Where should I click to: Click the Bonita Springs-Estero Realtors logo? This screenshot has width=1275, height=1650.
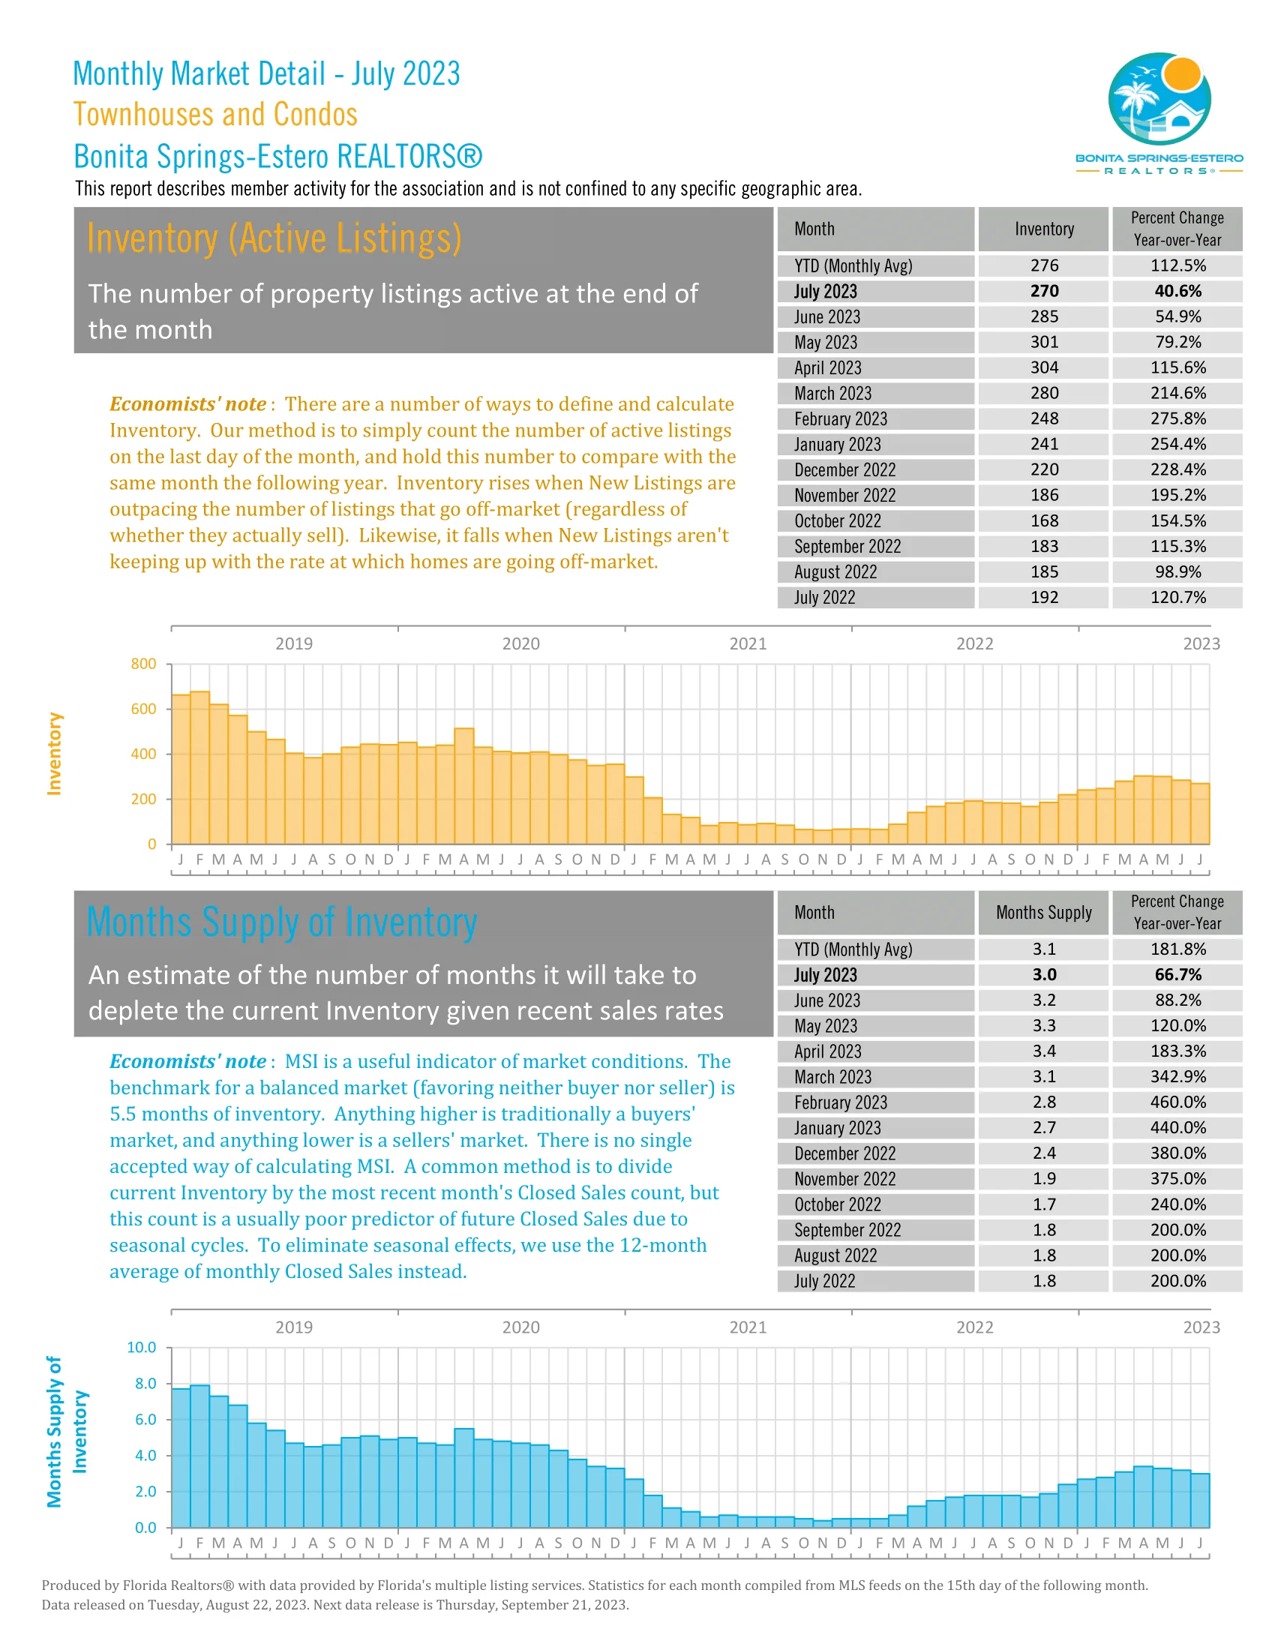(x=1159, y=112)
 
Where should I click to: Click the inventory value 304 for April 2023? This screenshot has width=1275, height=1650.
(x=1044, y=368)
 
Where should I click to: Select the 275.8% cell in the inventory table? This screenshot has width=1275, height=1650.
(x=1177, y=418)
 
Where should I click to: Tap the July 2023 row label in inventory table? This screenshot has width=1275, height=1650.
(x=825, y=292)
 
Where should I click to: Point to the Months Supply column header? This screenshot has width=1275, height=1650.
(x=1043, y=912)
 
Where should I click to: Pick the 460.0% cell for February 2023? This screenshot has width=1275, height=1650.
(x=1177, y=1102)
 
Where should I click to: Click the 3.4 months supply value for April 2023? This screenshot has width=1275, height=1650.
(x=1044, y=1051)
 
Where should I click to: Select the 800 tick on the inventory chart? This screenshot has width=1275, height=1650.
(x=143, y=664)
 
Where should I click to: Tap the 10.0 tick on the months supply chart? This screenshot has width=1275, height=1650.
(x=141, y=1347)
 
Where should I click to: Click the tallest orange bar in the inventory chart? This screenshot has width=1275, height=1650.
(x=200, y=766)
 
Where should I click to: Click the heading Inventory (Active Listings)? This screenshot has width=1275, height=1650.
(x=274, y=238)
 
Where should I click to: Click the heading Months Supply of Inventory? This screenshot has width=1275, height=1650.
(x=282, y=922)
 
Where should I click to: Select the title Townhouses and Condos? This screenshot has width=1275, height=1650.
(x=215, y=115)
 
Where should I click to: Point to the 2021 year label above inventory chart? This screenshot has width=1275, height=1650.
(x=747, y=643)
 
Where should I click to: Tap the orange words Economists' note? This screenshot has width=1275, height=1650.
(x=188, y=404)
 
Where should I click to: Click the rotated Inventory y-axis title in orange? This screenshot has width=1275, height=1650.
(x=54, y=753)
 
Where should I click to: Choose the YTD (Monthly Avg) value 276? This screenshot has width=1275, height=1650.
(x=1044, y=266)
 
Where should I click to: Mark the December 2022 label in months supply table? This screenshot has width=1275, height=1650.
(x=844, y=1153)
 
